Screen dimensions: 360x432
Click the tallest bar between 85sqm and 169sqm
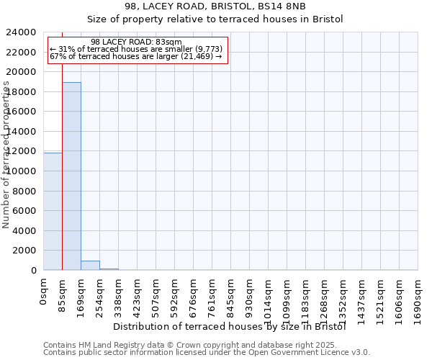[71, 176]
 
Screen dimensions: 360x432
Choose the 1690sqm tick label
[418, 297]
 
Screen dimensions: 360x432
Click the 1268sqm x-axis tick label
[325, 297]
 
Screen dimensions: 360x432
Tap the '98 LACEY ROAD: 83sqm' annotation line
[136, 42]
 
